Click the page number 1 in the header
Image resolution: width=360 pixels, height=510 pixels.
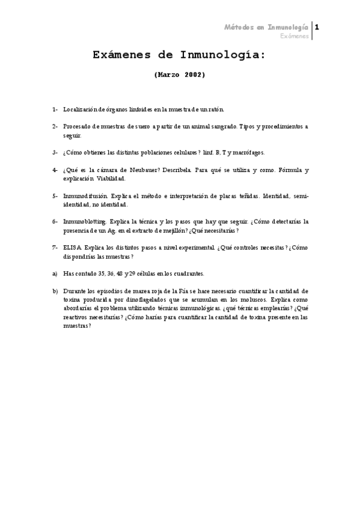317,28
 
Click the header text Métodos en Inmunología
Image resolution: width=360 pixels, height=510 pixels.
266,28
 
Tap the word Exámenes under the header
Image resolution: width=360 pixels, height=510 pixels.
294,37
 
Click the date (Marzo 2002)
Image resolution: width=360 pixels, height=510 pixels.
180,75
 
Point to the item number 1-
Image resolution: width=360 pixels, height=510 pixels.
55,109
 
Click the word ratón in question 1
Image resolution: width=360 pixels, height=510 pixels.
215,109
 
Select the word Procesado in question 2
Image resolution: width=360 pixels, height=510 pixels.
78,126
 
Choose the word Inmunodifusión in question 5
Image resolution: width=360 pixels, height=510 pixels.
85,196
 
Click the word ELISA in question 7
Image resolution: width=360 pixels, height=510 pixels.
73,248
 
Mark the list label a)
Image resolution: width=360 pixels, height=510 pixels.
55,273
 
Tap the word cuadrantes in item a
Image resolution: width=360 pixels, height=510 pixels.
187,273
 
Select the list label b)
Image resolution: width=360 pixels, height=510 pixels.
55,290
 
